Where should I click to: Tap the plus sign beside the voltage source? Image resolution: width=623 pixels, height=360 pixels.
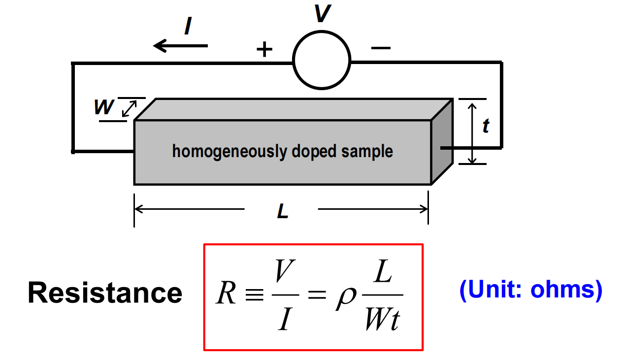[264, 50]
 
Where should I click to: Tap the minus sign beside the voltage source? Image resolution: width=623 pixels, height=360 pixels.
[381, 48]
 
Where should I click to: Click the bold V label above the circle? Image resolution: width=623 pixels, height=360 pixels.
[323, 13]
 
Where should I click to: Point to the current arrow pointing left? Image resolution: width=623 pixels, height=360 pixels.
[181, 46]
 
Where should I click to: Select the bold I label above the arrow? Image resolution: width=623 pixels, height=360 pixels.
[188, 26]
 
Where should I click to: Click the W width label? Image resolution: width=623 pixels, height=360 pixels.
[104, 107]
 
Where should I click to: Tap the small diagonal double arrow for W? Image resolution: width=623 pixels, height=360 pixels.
[130, 109]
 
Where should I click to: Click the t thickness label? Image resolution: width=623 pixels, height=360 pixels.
[486, 126]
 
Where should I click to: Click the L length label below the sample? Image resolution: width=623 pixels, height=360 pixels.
[283, 211]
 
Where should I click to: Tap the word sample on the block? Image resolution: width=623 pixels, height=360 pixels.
[367, 152]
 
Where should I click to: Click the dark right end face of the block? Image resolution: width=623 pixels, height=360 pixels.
[442, 141]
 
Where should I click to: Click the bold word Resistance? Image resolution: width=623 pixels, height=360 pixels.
[105, 293]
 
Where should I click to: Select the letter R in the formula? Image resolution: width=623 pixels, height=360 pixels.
[226, 293]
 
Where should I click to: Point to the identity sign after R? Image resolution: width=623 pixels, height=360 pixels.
[255, 295]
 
